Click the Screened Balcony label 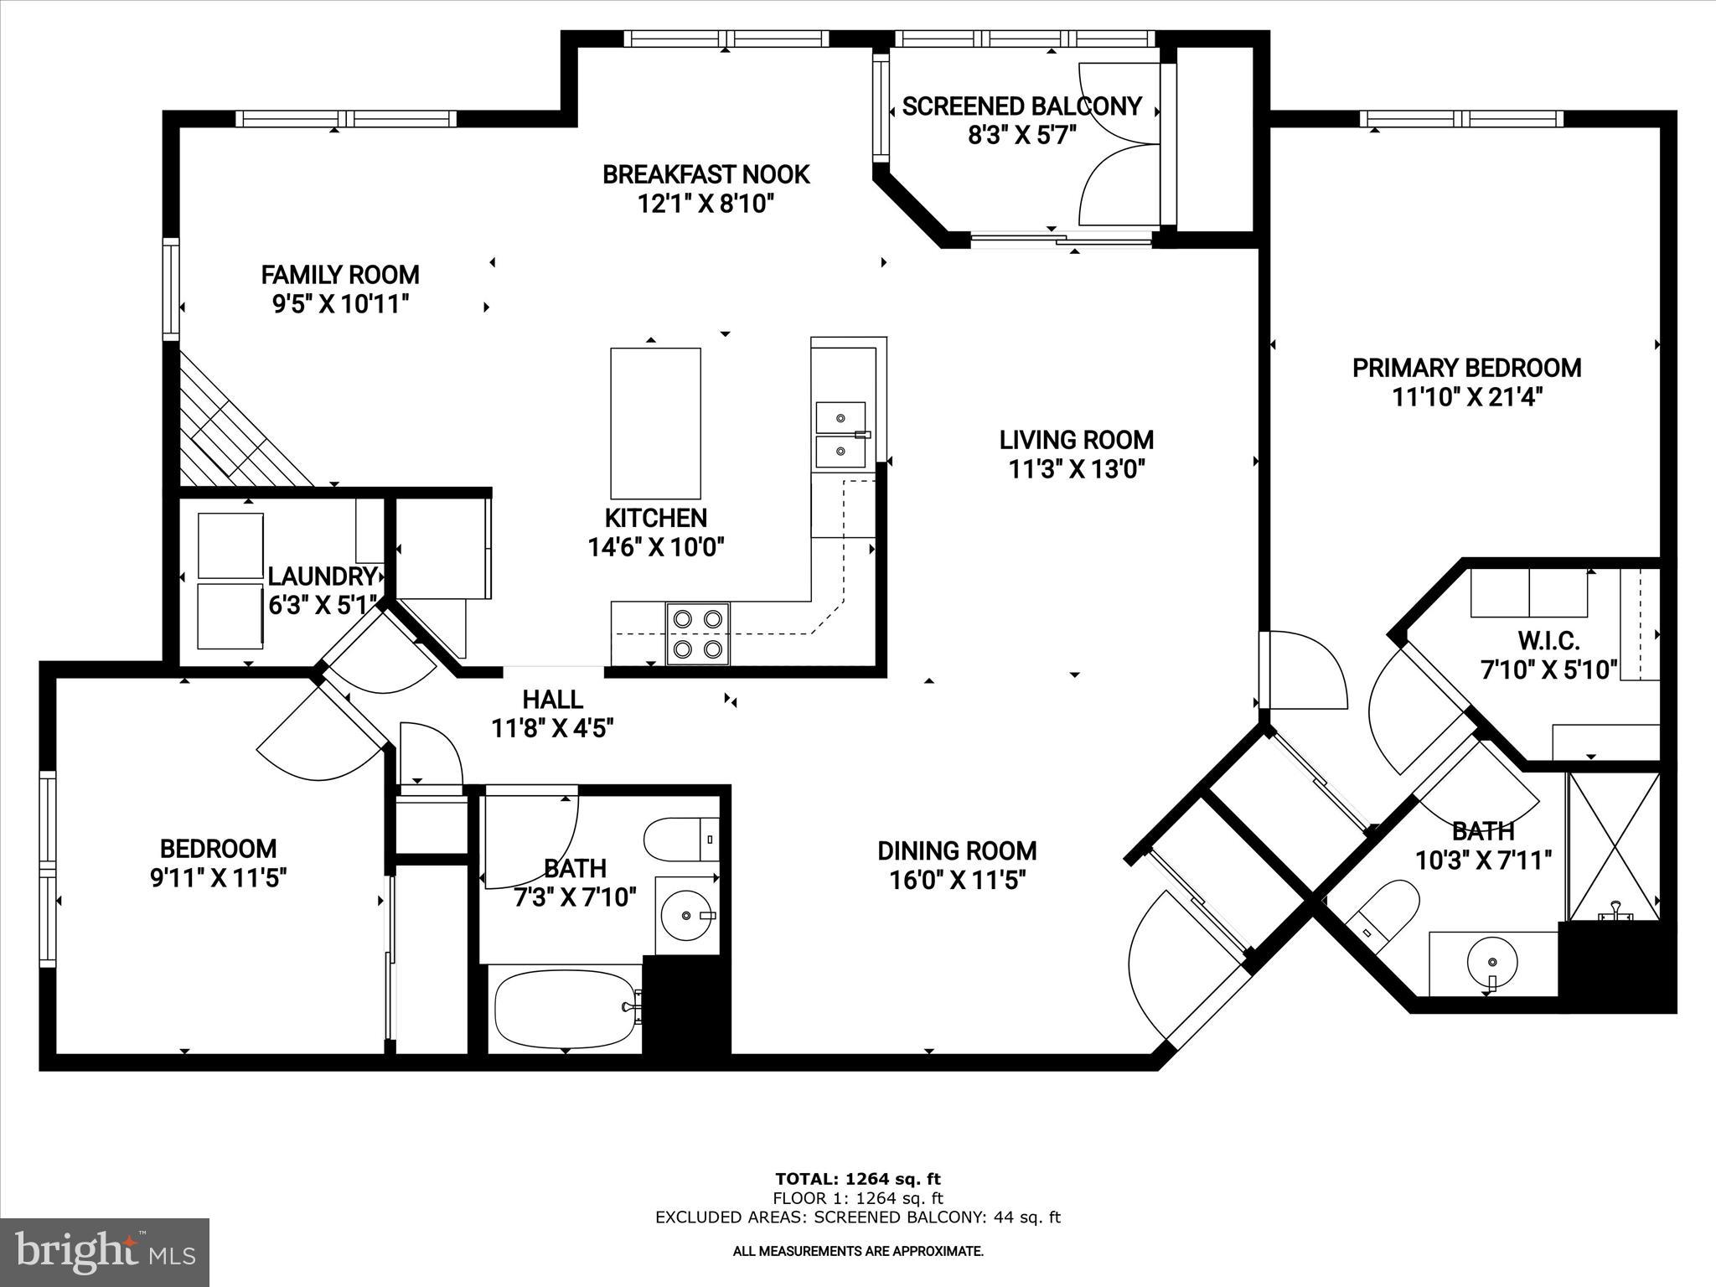pyautogui.click(x=1021, y=106)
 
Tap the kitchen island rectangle pyautogui.click(x=655, y=423)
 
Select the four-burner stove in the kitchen pyautogui.click(x=698, y=633)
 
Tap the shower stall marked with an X pyautogui.click(x=1613, y=846)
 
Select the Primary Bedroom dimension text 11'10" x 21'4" pyautogui.click(x=1467, y=396)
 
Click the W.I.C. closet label pyautogui.click(x=1548, y=641)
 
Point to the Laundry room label pyautogui.click(x=322, y=576)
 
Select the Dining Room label pyautogui.click(x=957, y=850)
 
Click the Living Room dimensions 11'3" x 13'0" pyautogui.click(x=1076, y=469)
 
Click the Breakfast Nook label pyautogui.click(x=706, y=174)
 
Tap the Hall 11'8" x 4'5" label pyautogui.click(x=553, y=713)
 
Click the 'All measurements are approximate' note pyautogui.click(x=858, y=1251)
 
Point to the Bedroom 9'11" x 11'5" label pyautogui.click(x=218, y=863)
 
